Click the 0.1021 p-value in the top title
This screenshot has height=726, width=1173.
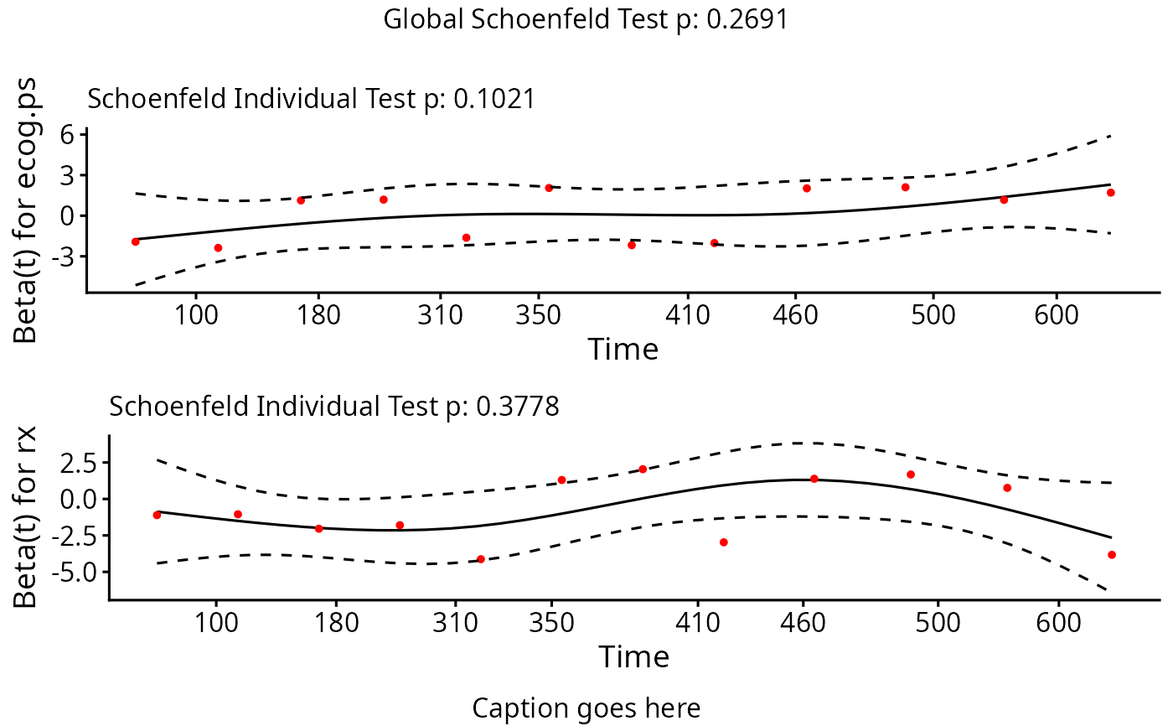[493, 99]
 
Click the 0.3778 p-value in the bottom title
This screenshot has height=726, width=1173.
[517, 407]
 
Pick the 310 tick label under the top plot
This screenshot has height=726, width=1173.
[441, 316]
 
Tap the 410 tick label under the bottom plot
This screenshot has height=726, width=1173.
[697, 624]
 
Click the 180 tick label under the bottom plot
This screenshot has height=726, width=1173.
[335, 624]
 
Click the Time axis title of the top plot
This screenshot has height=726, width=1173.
[623, 349]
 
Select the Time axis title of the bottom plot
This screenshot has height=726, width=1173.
[633, 656]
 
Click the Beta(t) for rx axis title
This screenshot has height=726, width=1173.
[27, 517]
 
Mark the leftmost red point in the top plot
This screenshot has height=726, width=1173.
[136, 241]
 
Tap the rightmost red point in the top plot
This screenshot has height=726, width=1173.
[1110, 193]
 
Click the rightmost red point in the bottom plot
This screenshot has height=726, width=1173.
[1112, 555]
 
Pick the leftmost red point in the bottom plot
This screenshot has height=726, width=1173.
[157, 515]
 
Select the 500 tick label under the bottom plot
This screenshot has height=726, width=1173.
[938, 624]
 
